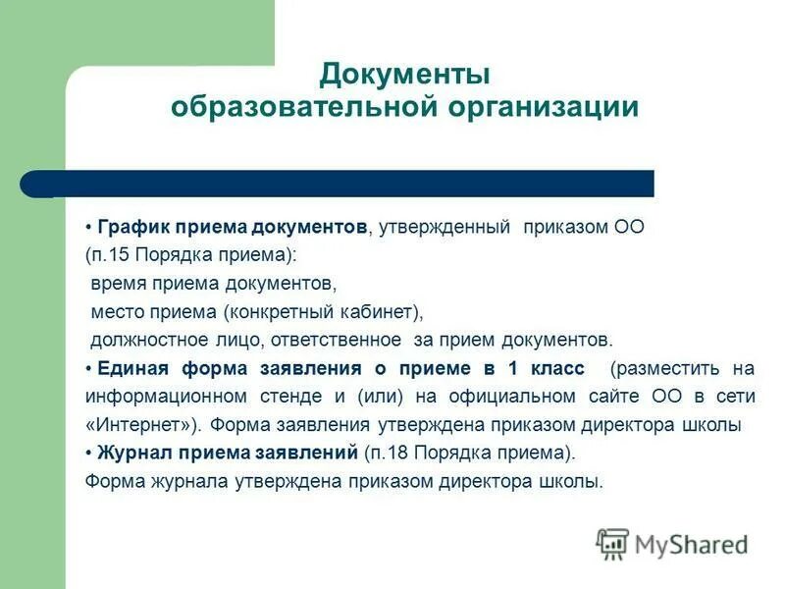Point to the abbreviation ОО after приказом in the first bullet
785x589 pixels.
628,227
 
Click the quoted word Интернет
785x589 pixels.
137,426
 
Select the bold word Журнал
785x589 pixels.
134,454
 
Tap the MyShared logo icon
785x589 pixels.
612,544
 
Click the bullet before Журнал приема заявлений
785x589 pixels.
88,454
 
